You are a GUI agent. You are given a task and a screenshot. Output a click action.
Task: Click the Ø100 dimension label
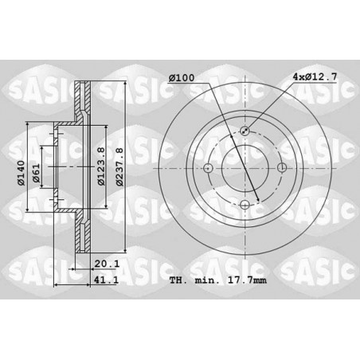coord(182,78)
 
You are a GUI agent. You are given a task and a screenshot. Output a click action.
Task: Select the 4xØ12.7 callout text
coord(315,77)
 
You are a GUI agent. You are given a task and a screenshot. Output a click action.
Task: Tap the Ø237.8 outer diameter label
coord(120,166)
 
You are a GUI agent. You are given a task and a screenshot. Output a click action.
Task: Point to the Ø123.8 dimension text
coord(101,166)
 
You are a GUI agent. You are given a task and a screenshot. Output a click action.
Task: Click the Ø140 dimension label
coord(21,173)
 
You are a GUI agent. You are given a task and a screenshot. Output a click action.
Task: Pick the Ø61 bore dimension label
coord(36,173)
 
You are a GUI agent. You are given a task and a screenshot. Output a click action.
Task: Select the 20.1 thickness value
coord(107,264)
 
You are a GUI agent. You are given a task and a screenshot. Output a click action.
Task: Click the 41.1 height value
coord(106,280)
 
